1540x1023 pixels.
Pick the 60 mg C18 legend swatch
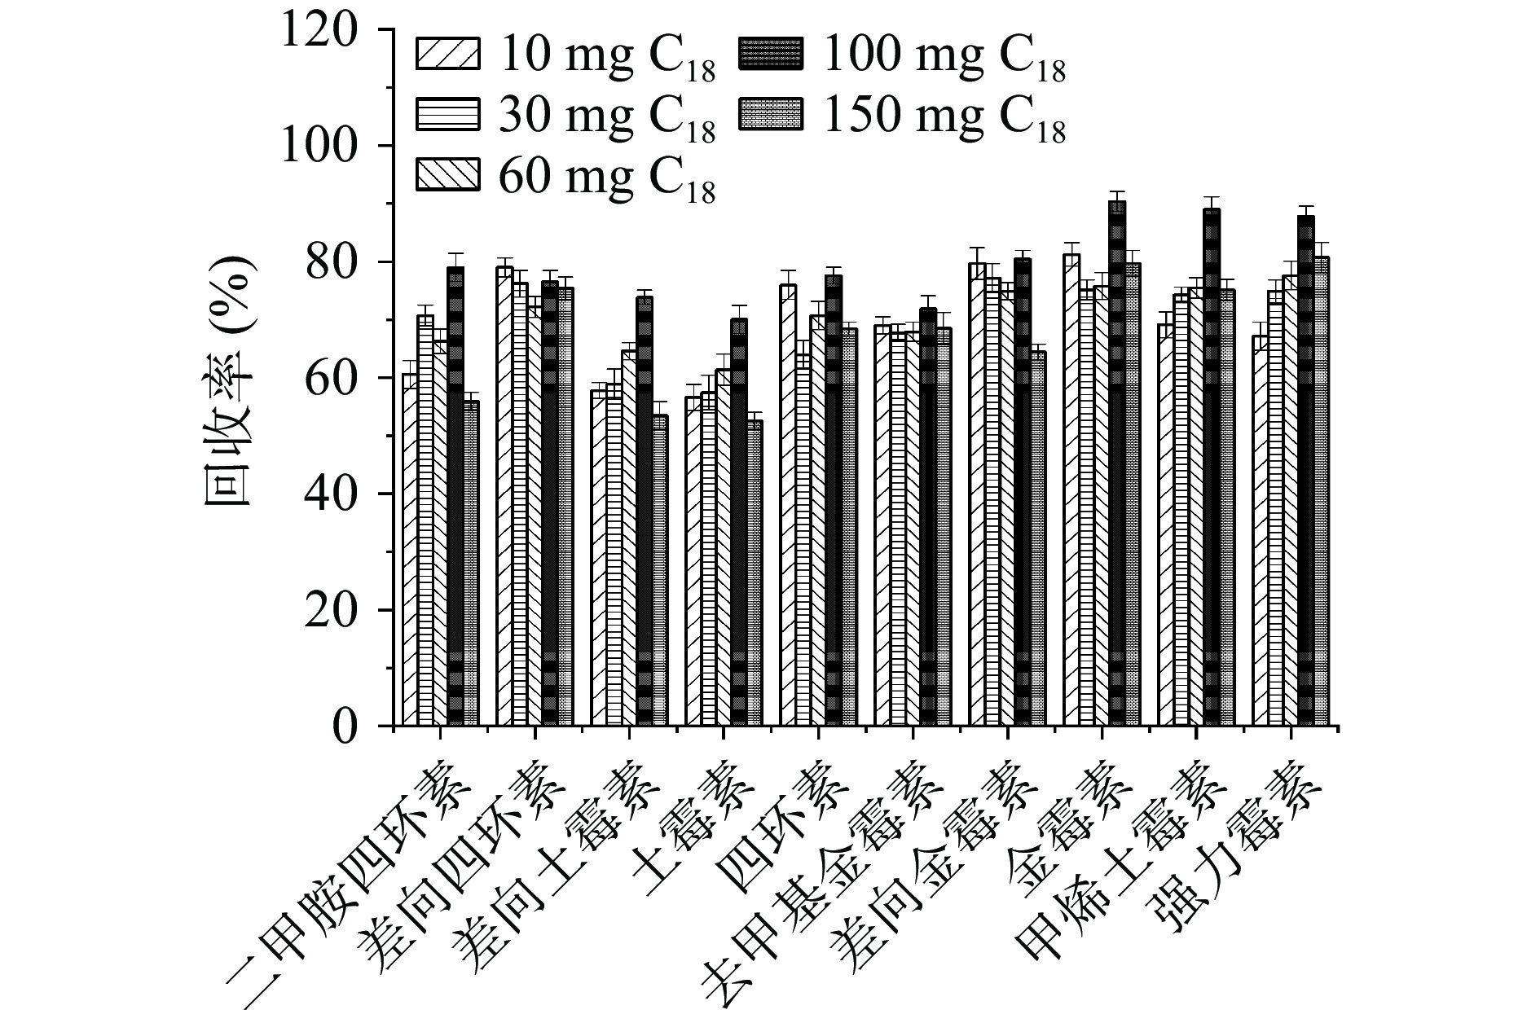[x=448, y=173]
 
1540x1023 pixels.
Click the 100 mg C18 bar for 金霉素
[x=1117, y=464]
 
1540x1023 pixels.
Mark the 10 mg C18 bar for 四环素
[x=788, y=505]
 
